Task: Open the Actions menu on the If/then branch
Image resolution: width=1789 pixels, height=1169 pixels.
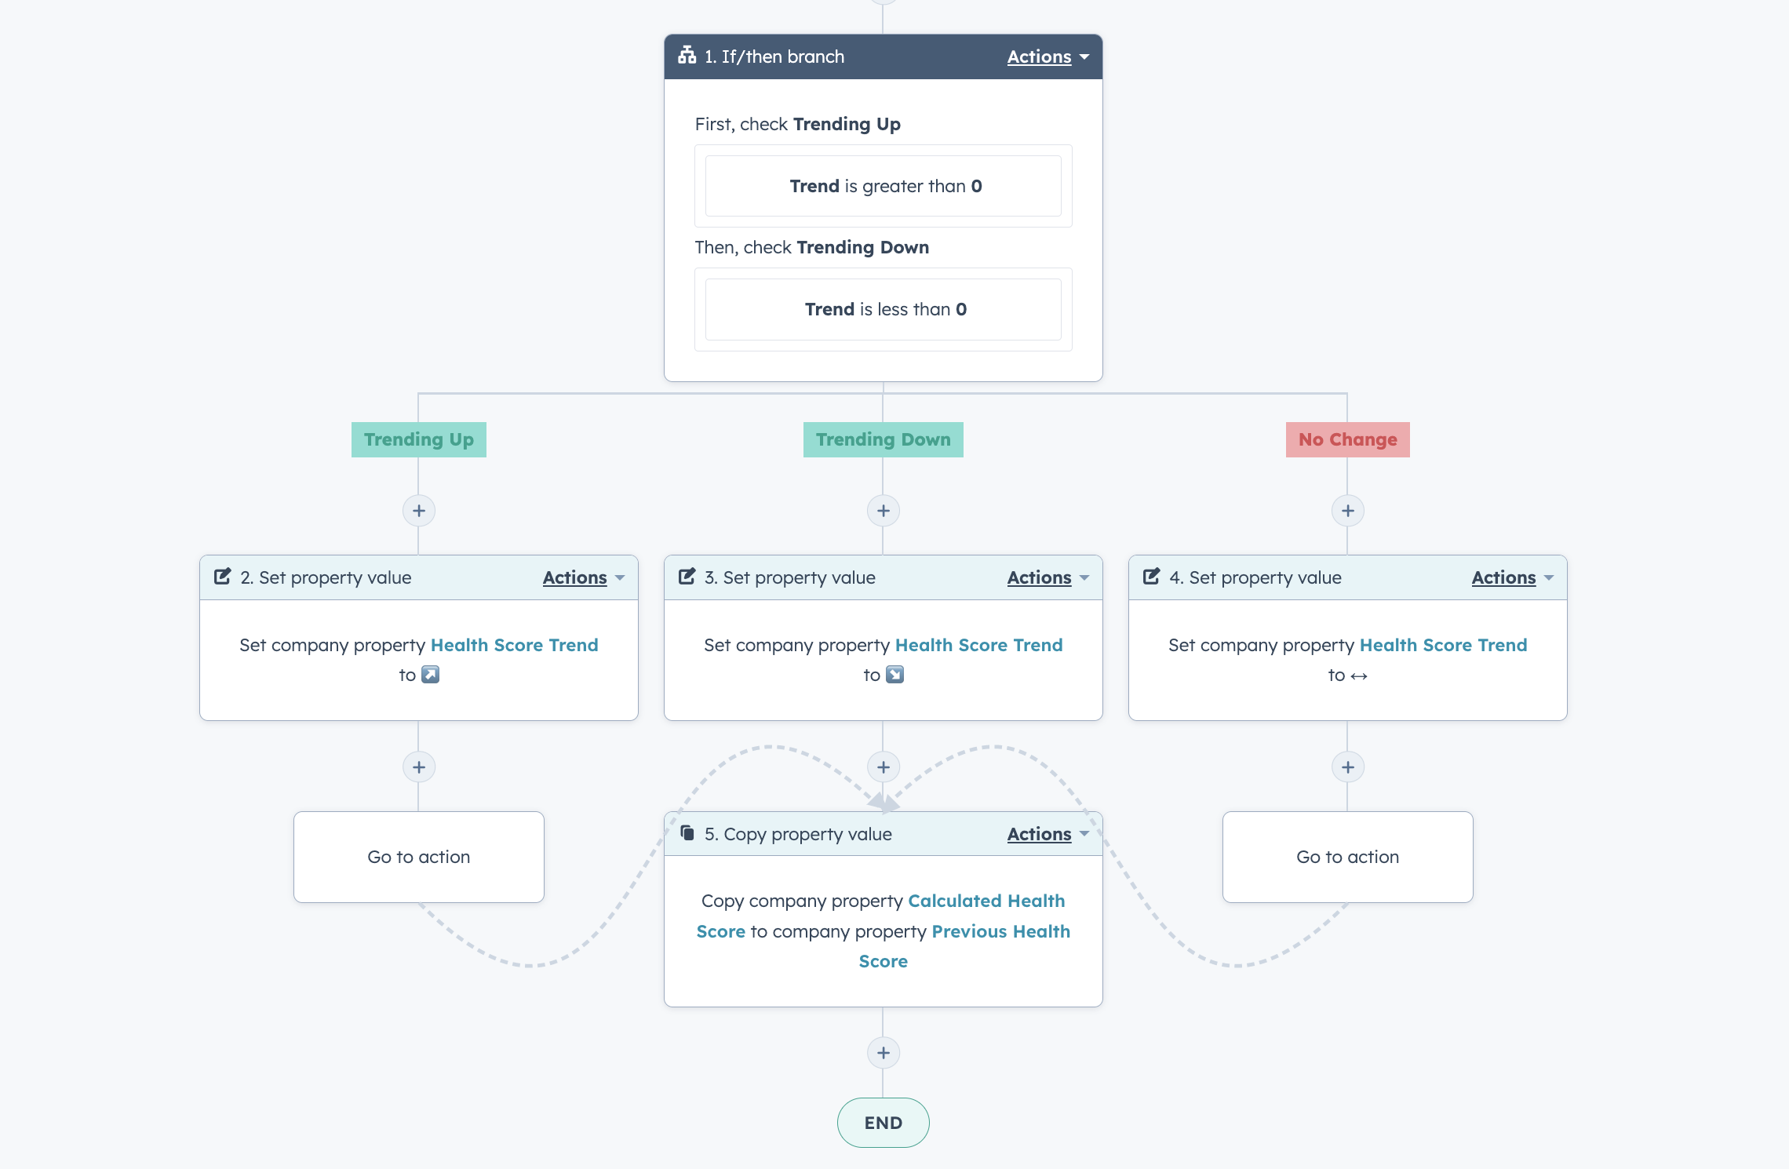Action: pyautogui.click(x=1048, y=56)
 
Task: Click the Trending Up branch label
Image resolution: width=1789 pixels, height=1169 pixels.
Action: pyautogui.click(x=419, y=439)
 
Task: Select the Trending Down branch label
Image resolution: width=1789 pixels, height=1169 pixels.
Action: pyautogui.click(x=883, y=439)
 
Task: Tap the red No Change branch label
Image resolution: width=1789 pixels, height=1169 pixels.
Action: pyautogui.click(x=1347, y=439)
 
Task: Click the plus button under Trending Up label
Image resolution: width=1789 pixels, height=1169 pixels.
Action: pyautogui.click(x=419, y=511)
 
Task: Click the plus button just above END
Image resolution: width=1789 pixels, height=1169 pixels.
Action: pyautogui.click(x=884, y=1053)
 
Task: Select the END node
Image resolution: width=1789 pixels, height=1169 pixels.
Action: pyautogui.click(x=884, y=1123)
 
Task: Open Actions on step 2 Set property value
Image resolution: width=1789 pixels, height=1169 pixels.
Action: pyautogui.click(x=583, y=577)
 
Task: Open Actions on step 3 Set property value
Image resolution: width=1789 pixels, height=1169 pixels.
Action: pyautogui.click(x=1048, y=577)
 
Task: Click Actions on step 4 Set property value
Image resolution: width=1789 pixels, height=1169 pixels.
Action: pyautogui.click(x=1512, y=577)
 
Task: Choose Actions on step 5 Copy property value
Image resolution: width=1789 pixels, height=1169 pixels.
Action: pyautogui.click(x=1048, y=834)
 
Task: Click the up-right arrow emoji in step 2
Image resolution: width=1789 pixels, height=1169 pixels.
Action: pyautogui.click(x=430, y=675)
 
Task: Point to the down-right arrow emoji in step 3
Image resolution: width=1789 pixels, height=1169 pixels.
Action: pyautogui.click(x=895, y=675)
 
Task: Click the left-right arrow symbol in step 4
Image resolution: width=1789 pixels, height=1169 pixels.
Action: pyautogui.click(x=1359, y=676)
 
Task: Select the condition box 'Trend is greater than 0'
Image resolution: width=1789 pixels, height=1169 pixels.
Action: pyautogui.click(x=884, y=186)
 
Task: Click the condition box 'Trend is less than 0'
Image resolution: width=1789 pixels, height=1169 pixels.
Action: pyautogui.click(x=884, y=309)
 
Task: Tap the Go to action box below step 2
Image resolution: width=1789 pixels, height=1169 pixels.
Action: pyautogui.click(x=419, y=857)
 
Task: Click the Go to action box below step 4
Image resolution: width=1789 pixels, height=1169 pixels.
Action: pyautogui.click(x=1348, y=857)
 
